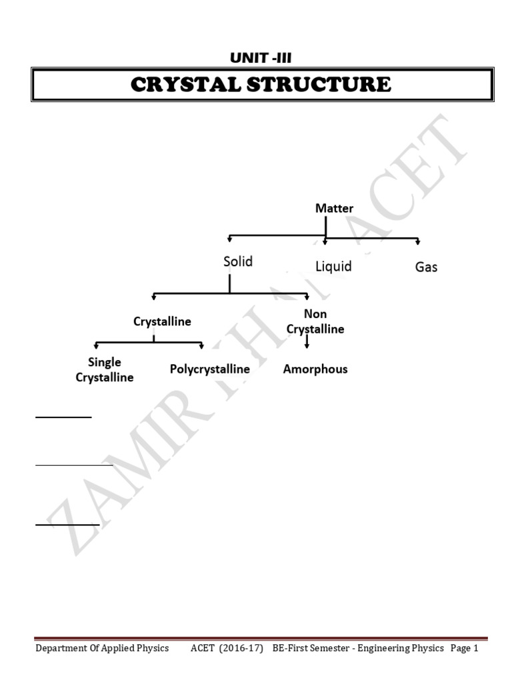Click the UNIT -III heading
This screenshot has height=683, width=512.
pyautogui.click(x=261, y=58)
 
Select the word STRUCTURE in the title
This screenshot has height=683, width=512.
pyautogui.click(x=321, y=85)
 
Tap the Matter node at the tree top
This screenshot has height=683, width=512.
pyautogui.click(x=334, y=209)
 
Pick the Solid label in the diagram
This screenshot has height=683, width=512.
pyautogui.click(x=238, y=261)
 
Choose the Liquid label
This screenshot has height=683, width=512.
pyautogui.click(x=333, y=267)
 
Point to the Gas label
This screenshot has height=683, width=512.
pyautogui.click(x=426, y=267)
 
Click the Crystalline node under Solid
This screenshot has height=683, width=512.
pyautogui.click(x=162, y=321)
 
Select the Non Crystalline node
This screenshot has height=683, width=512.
pyautogui.click(x=315, y=321)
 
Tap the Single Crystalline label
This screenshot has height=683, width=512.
pyautogui.click(x=105, y=370)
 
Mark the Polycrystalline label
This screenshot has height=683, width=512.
pyautogui.click(x=210, y=369)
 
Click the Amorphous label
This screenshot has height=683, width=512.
pyautogui.click(x=315, y=369)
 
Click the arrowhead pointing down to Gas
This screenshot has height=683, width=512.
pyautogui.click(x=418, y=241)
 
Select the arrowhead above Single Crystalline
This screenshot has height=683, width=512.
pyautogui.click(x=97, y=346)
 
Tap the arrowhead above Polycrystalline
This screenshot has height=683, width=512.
pyautogui.click(x=201, y=346)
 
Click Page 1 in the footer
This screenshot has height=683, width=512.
pyautogui.click(x=465, y=648)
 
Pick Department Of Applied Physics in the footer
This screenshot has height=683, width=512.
pyautogui.click(x=102, y=648)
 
